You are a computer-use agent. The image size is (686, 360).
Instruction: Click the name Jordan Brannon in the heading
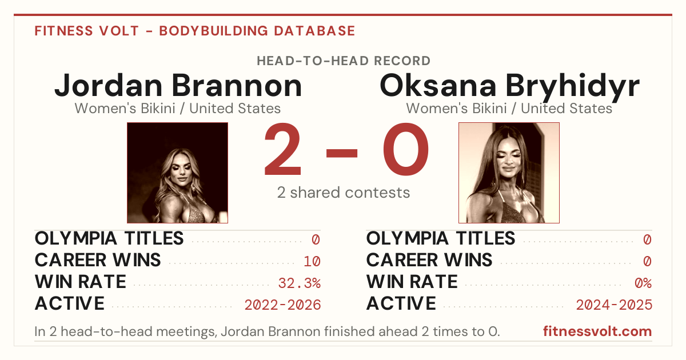pos(178,86)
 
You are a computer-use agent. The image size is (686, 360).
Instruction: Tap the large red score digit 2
pos(282,149)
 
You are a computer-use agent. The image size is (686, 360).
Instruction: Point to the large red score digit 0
pos(406,149)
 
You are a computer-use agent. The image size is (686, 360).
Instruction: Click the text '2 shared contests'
pos(344,193)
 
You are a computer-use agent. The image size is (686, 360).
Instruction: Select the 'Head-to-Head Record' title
pos(344,61)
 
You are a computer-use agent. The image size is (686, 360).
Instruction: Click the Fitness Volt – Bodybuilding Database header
pos(195,31)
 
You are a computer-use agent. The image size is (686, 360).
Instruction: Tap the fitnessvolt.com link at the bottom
pos(597,331)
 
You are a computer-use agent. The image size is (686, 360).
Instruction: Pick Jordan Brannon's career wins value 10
pos(312,261)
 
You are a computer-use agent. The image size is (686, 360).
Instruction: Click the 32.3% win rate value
pos(300,283)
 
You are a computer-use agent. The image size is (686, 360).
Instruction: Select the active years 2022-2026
pos(282,305)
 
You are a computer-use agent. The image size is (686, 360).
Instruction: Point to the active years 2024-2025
pos(614,305)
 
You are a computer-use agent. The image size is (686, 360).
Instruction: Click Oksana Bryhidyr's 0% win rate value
pos(643,283)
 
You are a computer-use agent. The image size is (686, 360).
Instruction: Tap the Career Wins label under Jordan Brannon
pos(98,260)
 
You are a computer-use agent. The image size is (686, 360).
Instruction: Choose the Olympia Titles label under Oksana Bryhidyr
pos(441,238)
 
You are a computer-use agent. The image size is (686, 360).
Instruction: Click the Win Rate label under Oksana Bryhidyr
pos(412,282)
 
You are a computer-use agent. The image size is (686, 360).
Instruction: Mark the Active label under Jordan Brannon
pos(70,303)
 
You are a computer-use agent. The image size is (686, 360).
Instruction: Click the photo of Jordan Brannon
pos(177,173)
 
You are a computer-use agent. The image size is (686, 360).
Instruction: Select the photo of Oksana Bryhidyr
pos(509,173)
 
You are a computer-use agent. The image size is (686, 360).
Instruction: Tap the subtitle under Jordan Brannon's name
pos(178,109)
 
